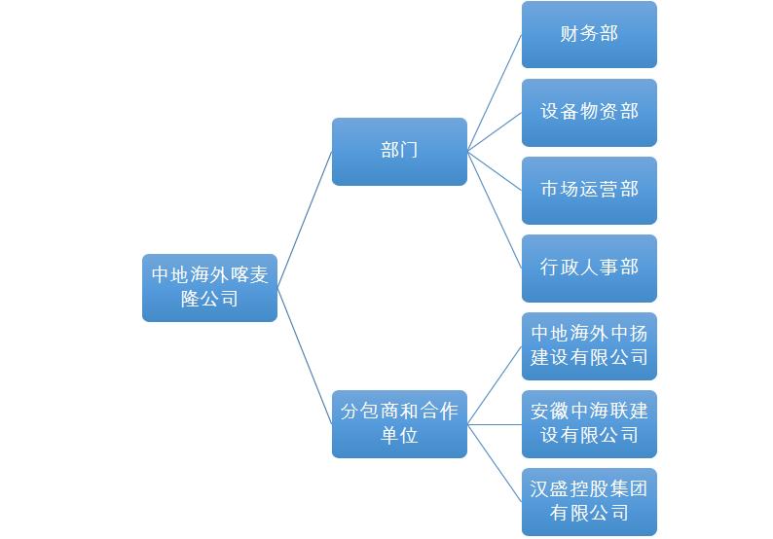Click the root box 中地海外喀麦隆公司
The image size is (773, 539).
tap(209, 287)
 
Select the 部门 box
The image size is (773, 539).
tap(399, 152)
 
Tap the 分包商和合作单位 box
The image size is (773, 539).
tap(399, 423)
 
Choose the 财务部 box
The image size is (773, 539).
tap(589, 35)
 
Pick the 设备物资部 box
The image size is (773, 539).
tap(589, 112)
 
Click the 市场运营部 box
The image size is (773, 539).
tap(589, 190)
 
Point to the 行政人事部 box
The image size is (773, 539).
tap(589, 268)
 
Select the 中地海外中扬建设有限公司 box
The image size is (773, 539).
tap(589, 345)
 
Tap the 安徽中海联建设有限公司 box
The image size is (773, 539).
tap(589, 423)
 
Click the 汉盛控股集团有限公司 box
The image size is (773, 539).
tap(589, 501)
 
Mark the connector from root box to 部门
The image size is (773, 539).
tap(305, 219)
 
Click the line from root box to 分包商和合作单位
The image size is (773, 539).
tap(305, 355)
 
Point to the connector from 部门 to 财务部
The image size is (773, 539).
tap(495, 93)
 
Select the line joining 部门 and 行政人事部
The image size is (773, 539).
tap(495, 209)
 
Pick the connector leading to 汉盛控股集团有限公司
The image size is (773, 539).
tap(495, 462)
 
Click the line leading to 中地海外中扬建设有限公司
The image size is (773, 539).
tap(495, 384)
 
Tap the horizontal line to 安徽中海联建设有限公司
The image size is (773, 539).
tap(495, 423)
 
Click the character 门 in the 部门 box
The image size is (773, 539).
tap(410, 152)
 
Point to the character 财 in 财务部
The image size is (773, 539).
tap(570, 35)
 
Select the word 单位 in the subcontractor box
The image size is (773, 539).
tap(399, 435)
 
